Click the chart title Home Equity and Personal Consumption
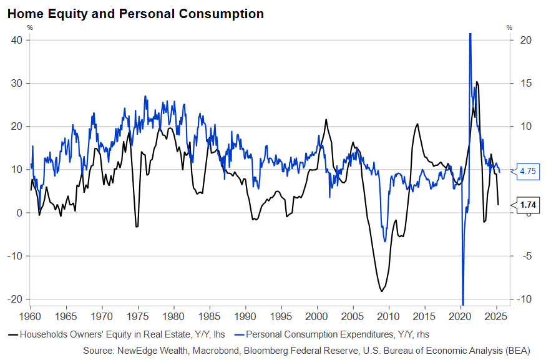[135, 13]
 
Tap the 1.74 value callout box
[528, 205]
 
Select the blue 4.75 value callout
[528, 171]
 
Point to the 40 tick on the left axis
[17, 40]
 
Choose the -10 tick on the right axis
[527, 299]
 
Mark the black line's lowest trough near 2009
[381, 291]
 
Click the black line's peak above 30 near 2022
[477, 82]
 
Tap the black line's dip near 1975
[137, 226]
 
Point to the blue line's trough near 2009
[385, 241]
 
